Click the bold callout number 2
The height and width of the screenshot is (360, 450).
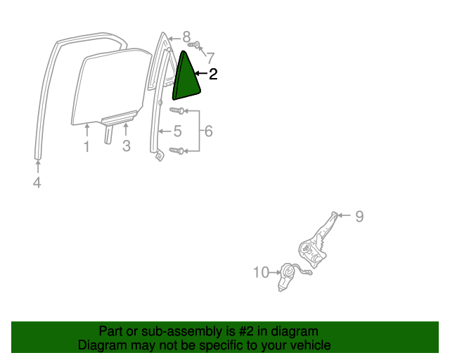tap(213, 74)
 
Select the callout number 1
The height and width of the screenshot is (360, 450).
tap(86, 146)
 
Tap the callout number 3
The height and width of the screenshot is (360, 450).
tap(127, 146)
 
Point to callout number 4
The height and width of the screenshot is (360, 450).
tap(37, 183)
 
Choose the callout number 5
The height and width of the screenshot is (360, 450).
tap(178, 131)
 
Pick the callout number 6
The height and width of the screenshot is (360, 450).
tap(209, 131)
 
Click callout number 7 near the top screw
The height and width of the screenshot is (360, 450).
tap(211, 58)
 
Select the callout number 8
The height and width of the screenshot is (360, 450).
tap(186, 37)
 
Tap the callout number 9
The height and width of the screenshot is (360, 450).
tap(359, 216)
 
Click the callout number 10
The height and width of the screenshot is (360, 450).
tap(261, 272)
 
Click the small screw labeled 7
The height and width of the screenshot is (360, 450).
tap(194, 45)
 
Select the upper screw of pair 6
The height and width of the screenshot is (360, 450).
tap(176, 110)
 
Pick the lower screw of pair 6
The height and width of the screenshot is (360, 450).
tap(176, 150)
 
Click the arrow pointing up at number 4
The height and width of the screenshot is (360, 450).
tap(37, 167)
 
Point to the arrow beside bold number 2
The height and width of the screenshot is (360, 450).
tap(201, 74)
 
